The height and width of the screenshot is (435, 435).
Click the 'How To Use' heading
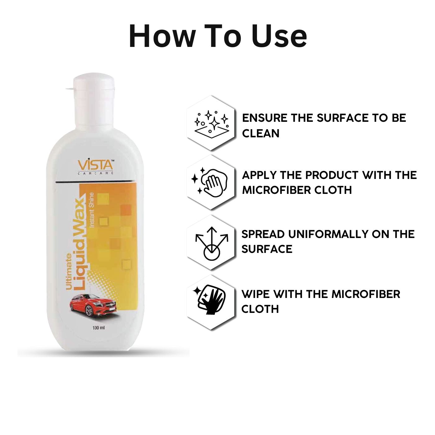click(217, 36)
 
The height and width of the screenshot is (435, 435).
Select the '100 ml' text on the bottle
click(98, 328)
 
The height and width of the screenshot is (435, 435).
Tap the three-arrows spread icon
click(212, 243)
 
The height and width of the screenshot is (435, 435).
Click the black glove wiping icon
click(209, 300)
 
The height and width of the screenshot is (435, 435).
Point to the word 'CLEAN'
click(260, 133)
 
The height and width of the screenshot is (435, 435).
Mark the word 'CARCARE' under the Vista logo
click(96, 173)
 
